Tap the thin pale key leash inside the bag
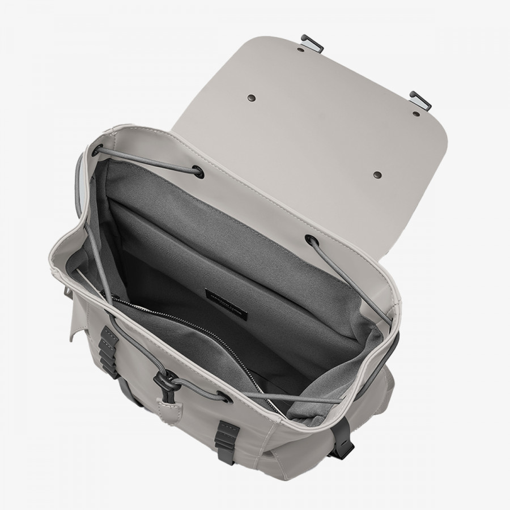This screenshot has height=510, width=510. tap(99, 283)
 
